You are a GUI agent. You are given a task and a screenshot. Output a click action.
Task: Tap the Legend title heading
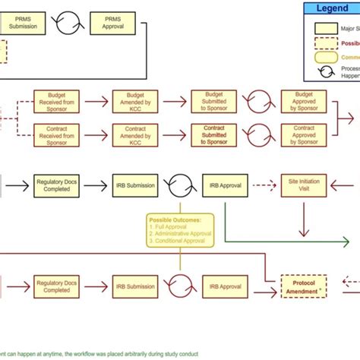[333, 8]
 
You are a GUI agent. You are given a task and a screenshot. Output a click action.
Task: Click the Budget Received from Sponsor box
[56, 101]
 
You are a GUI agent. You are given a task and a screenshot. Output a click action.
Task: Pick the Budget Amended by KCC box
[134, 101]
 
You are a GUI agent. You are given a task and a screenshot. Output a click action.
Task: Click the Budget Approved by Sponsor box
[298, 101]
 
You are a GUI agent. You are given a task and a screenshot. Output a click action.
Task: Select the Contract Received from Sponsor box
[56, 135]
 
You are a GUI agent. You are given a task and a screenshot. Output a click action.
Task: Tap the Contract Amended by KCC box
[134, 135]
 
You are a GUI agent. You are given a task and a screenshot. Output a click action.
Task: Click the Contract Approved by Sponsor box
[298, 135]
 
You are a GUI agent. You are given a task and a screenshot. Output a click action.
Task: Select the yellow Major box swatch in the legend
[324, 29]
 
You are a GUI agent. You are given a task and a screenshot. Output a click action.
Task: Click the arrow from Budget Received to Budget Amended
[96, 101]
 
